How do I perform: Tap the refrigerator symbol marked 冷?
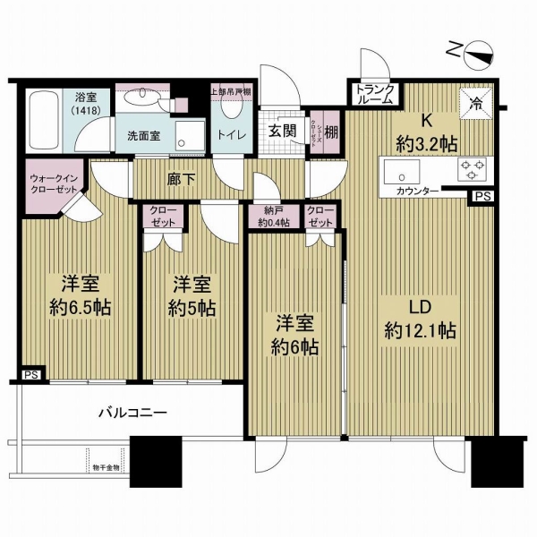point(476,102)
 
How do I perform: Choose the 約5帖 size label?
point(192,310)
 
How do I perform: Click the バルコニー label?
point(132,413)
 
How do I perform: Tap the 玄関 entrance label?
point(282,130)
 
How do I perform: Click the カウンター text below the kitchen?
point(416,191)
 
